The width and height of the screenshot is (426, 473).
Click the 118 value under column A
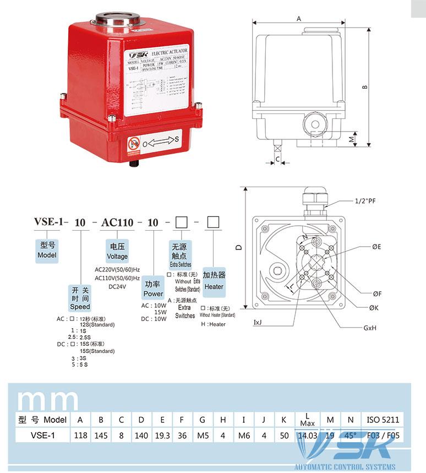pyautogui.click(x=80, y=436)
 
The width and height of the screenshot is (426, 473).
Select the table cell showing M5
pyautogui.click(x=203, y=436)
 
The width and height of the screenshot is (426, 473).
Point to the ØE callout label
pyautogui.click(x=376, y=247)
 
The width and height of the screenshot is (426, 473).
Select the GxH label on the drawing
pyautogui.click(x=369, y=327)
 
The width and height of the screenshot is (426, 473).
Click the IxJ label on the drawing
pyautogui.click(x=258, y=321)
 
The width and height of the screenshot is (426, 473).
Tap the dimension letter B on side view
pyautogui.click(x=364, y=86)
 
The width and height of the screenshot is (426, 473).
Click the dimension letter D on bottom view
pyautogui.click(x=239, y=248)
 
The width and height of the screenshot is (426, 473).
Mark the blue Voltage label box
pyautogui.click(x=117, y=252)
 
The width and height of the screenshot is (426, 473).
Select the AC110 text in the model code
pyautogui.click(x=117, y=223)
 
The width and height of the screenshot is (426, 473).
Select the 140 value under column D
pyautogui.click(x=141, y=436)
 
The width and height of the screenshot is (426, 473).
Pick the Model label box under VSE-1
pyautogui.click(x=47, y=251)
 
